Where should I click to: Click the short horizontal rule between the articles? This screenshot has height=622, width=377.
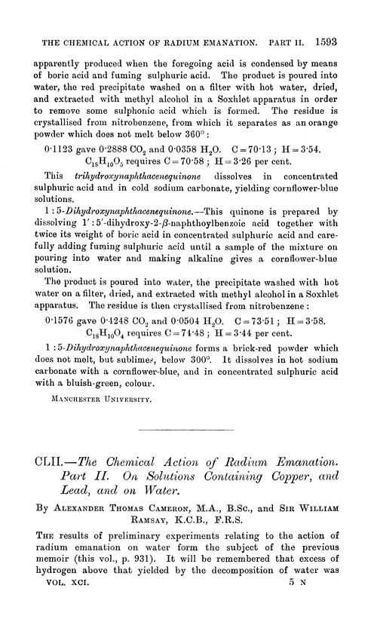click(188, 470)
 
